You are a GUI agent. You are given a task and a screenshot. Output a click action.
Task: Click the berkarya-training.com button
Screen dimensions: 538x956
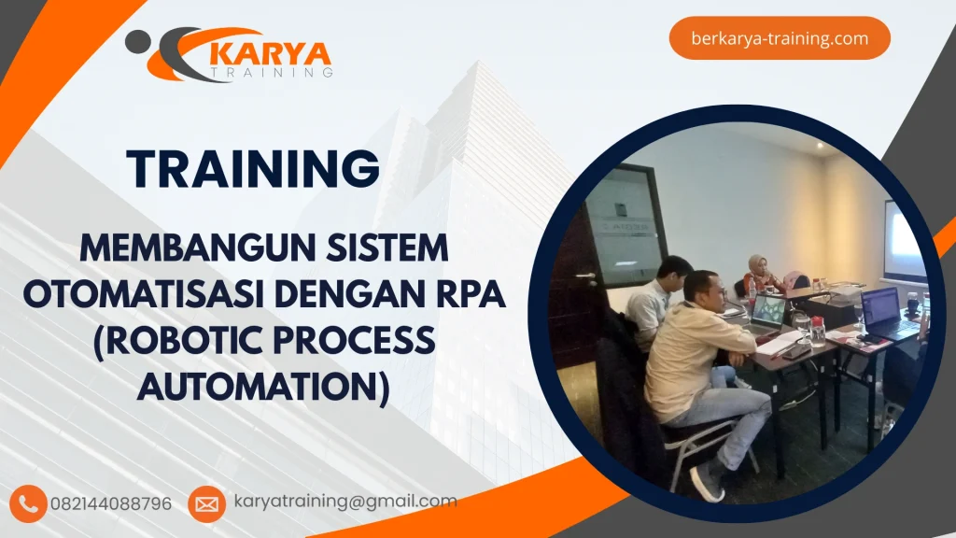point(780,38)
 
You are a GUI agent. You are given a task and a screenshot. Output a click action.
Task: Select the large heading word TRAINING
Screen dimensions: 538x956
point(254,169)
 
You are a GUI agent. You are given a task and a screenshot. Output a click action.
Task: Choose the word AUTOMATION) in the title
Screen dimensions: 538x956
point(263,385)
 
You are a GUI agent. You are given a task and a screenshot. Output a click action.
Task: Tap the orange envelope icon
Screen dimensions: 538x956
point(206,504)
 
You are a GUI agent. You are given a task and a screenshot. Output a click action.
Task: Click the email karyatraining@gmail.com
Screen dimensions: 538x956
point(344,502)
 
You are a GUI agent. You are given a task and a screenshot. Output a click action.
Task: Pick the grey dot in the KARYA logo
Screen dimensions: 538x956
point(137,40)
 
